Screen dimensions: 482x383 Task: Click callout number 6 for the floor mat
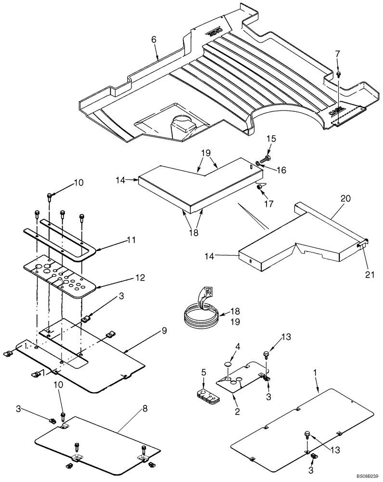point(153,40)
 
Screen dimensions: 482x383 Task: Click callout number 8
point(145,409)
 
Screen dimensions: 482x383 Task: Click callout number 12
point(126,279)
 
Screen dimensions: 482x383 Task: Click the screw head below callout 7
point(339,74)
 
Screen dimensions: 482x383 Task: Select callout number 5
point(204,373)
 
